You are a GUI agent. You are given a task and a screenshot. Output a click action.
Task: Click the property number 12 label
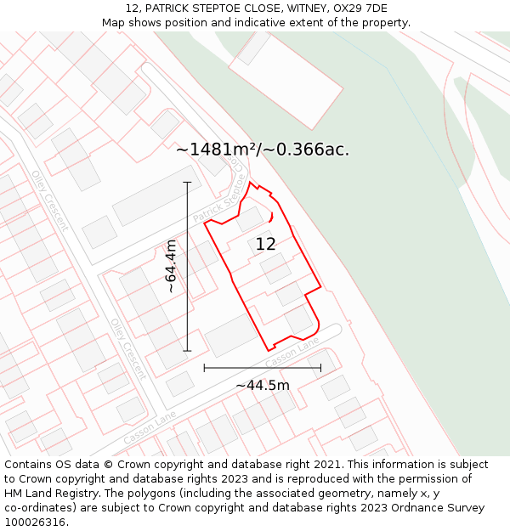(x=265, y=245)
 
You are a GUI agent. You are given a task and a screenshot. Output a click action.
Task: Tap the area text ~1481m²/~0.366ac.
(x=263, y=150)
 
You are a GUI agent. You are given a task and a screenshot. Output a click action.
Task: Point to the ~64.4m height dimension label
(x=171, y=267)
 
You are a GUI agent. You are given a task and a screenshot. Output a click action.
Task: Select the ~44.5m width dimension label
(x=263, y=385)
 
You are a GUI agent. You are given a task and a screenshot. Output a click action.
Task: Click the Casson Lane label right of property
(x=292, y=353)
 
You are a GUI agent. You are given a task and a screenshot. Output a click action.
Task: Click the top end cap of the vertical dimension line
(x=187, y=182)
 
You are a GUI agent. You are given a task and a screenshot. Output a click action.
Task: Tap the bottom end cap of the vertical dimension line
(x=187, y=351)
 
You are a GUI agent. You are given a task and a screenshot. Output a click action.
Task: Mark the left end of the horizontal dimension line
(x=204, y=368)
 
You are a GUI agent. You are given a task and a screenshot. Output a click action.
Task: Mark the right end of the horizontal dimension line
(x=321, y=368)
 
